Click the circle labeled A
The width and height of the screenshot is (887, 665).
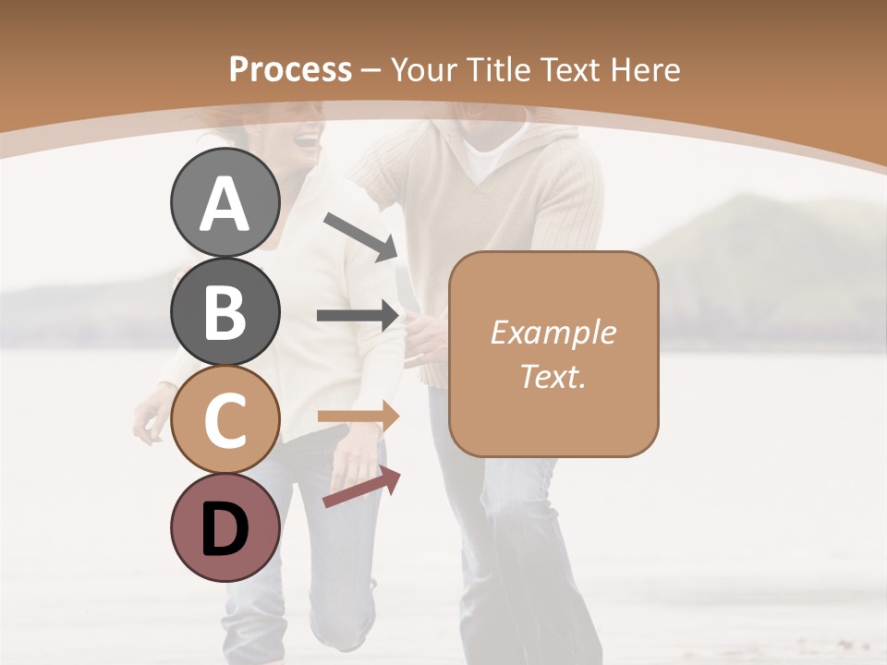coord(225,202)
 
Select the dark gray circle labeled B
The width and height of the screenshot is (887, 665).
coord(225,311)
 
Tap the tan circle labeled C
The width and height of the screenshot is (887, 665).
coord(225,420)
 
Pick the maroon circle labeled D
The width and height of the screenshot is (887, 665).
coord(225,528)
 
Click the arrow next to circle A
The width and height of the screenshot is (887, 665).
coord(360,236)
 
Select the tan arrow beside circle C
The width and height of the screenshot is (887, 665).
coord(358,417)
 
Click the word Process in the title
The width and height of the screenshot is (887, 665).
coord(290,69)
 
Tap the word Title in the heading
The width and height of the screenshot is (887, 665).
coord(498,69)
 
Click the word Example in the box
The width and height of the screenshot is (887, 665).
coord(553,332)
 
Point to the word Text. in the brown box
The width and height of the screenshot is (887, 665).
coord(553,376)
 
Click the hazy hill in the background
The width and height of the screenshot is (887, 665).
coord(758,240)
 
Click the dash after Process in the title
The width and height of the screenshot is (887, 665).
coord(371,70)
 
